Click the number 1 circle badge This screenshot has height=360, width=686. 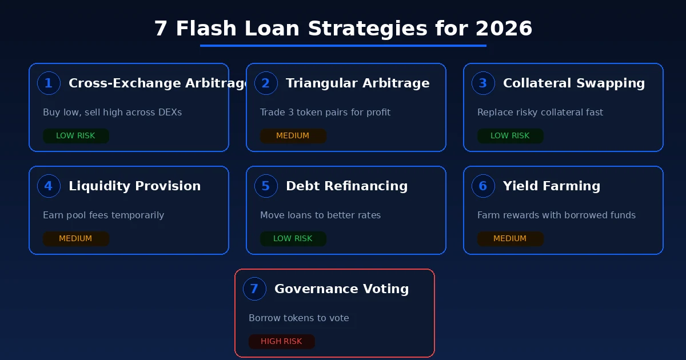tap(49, 83)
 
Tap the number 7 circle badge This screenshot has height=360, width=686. tap(254, 289)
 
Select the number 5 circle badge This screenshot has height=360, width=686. tap(266, 186)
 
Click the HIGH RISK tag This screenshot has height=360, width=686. tap(281, 342)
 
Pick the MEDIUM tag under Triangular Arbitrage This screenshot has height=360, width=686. tap(293, 136)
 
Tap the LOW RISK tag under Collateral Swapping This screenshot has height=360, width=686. tap(510, 136)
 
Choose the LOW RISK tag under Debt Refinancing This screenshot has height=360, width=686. tap(293, 239)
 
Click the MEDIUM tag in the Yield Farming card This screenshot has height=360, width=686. tap(510, 239)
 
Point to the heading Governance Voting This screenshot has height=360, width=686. tap(341, 289)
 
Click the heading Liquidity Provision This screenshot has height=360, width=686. tap(134, 186)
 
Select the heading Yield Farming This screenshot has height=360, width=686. tap(551, 186)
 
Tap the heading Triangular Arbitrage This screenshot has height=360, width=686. tap(357, 83)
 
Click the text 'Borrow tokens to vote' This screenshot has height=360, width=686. tap(298, 318)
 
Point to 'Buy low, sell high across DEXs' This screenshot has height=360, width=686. tap(112, 113)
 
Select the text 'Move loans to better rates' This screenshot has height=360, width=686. tap(320, 215)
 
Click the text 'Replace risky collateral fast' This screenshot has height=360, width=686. tap(540, 113)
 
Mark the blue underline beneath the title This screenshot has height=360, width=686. tap(343, 46)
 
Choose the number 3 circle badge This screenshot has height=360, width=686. tap(483, 83)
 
